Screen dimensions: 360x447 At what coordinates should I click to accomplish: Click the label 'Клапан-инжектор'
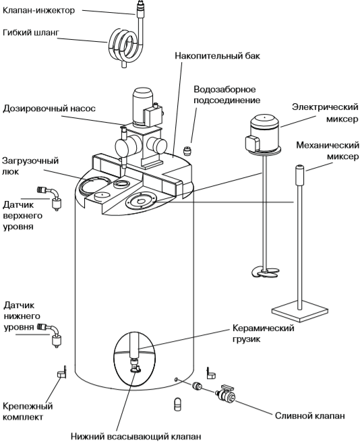click(x=39, y=11)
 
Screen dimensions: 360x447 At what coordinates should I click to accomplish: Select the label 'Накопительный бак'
click(x=218, y=55)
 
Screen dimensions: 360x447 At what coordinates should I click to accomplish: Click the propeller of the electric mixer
click(x=264, y=272)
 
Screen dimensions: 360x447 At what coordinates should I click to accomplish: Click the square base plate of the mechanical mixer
click(x=299, y=311)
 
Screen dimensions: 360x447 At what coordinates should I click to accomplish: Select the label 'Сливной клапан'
click(x=310, y=415)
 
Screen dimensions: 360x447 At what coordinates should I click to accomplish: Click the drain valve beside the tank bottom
click(x=226, y=394)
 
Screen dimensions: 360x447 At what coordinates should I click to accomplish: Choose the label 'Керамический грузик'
click(x=264, y=334)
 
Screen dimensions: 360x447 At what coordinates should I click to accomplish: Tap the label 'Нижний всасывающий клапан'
click(x=136, y=436)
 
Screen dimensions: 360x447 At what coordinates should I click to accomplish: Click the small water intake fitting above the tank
click(x=187, y=150)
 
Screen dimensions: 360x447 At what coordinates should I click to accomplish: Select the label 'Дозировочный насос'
click(x=49, y=109)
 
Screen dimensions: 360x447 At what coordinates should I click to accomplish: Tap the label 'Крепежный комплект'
click(x=28, y=411)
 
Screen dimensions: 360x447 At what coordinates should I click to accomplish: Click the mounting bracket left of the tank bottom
click(x=61, y=372)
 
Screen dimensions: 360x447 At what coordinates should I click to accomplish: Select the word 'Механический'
click(x=328, y=146)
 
